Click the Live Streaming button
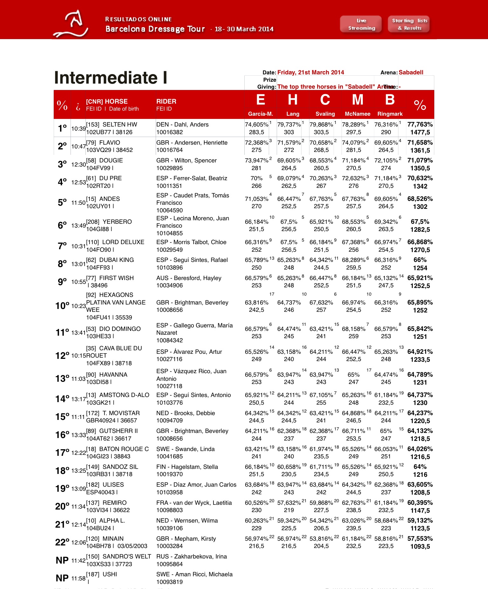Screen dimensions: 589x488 tap(361, 24)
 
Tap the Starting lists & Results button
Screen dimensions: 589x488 tap(409, 24)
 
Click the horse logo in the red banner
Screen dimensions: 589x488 tap(71, 24)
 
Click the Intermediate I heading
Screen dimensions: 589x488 tap(111, 78)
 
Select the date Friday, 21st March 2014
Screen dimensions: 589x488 tap(310, 72)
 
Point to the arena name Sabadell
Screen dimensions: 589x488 tap(411, 72)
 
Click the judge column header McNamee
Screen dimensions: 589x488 tap(357, 114)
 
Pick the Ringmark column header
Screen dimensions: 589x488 tap(390, 114)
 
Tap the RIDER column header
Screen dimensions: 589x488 tap(166, 101)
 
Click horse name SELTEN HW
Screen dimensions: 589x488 tap(120, 125)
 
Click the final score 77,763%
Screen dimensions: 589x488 tap(420, 124)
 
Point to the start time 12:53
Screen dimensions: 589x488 tap(78, 182)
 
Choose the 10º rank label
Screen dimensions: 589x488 tap(62, 306)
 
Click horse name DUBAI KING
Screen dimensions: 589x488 tap(117, 260)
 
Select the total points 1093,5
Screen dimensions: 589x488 tap(420, 547)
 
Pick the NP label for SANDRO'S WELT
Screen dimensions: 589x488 tap(62, 560)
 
